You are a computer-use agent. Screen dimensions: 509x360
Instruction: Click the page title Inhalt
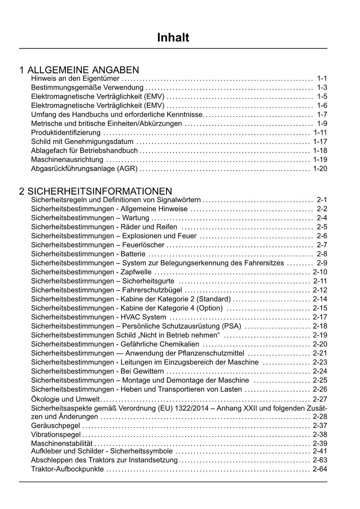point(173,38)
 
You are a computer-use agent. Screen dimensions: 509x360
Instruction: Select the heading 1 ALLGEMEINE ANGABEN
point(79,70)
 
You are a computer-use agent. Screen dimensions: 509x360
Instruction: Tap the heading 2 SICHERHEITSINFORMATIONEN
point(96,191)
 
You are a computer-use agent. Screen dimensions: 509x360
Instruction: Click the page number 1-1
point(322,78)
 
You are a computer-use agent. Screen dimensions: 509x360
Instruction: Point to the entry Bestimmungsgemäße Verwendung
point(87,88)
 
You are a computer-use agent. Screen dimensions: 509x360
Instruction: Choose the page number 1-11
point(320,133)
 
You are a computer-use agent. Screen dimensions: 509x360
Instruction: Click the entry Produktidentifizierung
point(66,133)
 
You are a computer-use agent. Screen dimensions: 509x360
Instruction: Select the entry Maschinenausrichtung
point(67,160)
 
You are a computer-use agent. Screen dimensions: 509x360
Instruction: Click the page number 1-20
point(320,169)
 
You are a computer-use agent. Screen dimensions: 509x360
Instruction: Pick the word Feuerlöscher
point(143,245)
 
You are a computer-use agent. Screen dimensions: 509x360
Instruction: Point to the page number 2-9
point(322,263)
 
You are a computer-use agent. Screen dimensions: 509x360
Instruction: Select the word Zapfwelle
point(136,272)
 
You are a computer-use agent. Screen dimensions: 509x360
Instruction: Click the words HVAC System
point(143,317)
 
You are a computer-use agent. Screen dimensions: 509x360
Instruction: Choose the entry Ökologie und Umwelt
point(65,399)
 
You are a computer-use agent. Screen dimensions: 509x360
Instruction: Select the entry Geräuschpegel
point(56,426)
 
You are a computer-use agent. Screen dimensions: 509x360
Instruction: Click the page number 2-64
point(320,469)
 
